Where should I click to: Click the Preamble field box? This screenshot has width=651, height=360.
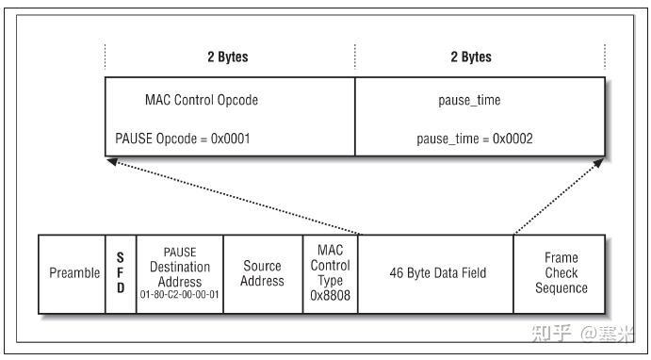coord(73,273)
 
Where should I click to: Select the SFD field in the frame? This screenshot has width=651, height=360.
coord(121,272)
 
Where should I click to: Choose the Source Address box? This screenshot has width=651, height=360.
coord(263,273)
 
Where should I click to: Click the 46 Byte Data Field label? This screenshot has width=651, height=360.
coord(437,273)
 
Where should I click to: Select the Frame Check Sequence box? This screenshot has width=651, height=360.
coord(561,273)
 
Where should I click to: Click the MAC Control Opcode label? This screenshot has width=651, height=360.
coord(202,100)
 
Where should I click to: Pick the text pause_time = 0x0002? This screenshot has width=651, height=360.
coord(475,139)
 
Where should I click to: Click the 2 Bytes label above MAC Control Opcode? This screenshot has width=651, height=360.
coord(228,57)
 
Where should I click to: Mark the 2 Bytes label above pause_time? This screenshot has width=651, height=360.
coord(471,57)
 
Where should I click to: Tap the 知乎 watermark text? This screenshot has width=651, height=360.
coord(552,333)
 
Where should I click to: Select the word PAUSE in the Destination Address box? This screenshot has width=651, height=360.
coord(180,253)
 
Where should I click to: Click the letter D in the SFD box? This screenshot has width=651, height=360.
coord(121,288)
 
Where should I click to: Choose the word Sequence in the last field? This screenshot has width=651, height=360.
coord(561,288)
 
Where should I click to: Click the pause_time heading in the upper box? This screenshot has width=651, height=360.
coord(470,100)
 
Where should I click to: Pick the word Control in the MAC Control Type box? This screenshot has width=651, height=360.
coord(330,267)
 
